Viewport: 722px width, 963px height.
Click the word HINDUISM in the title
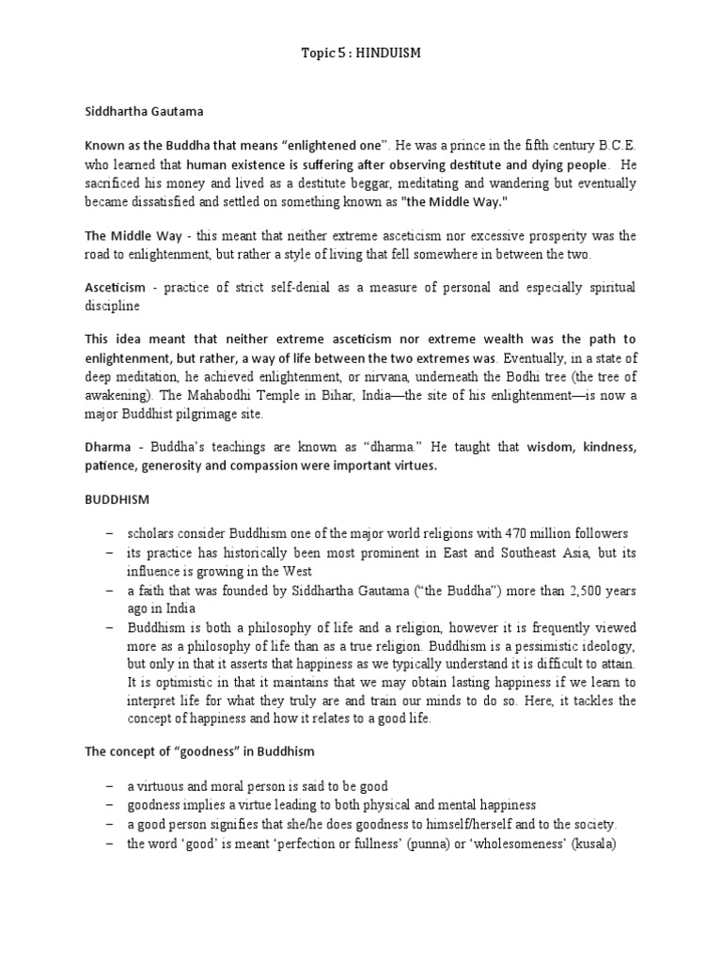pos(388,55)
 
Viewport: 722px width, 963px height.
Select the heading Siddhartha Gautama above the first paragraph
pos(145,111)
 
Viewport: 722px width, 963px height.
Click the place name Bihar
pos(306,396)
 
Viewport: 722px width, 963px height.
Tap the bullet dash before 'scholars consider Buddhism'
pos(111,534)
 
